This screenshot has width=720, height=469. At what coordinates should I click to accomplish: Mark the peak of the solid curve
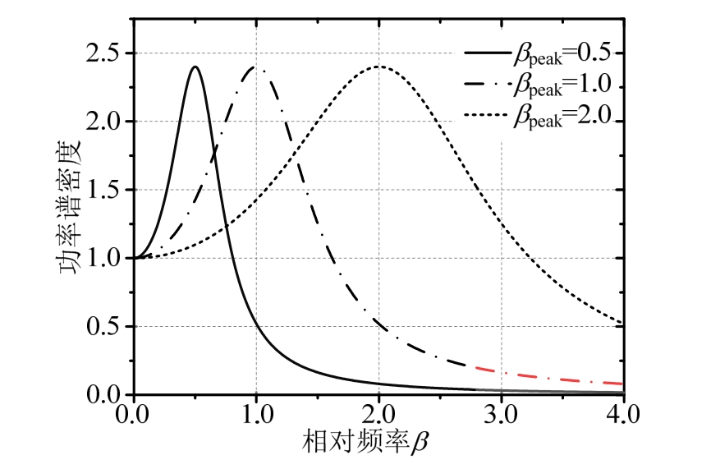coord(195,67)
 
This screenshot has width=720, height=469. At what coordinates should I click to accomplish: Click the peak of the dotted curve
coord(378,67)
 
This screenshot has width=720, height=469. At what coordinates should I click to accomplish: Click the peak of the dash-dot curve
coord(256,67)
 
